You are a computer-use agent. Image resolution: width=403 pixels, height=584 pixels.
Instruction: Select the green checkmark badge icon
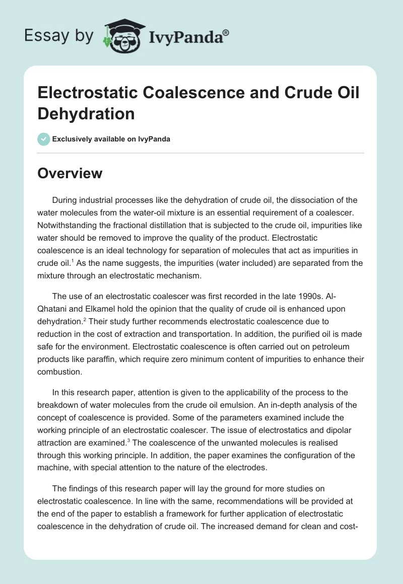point(44,139)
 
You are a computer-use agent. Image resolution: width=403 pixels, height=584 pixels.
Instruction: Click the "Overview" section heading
point(70,174)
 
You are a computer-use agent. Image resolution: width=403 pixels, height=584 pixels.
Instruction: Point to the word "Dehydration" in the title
point(86,113)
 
